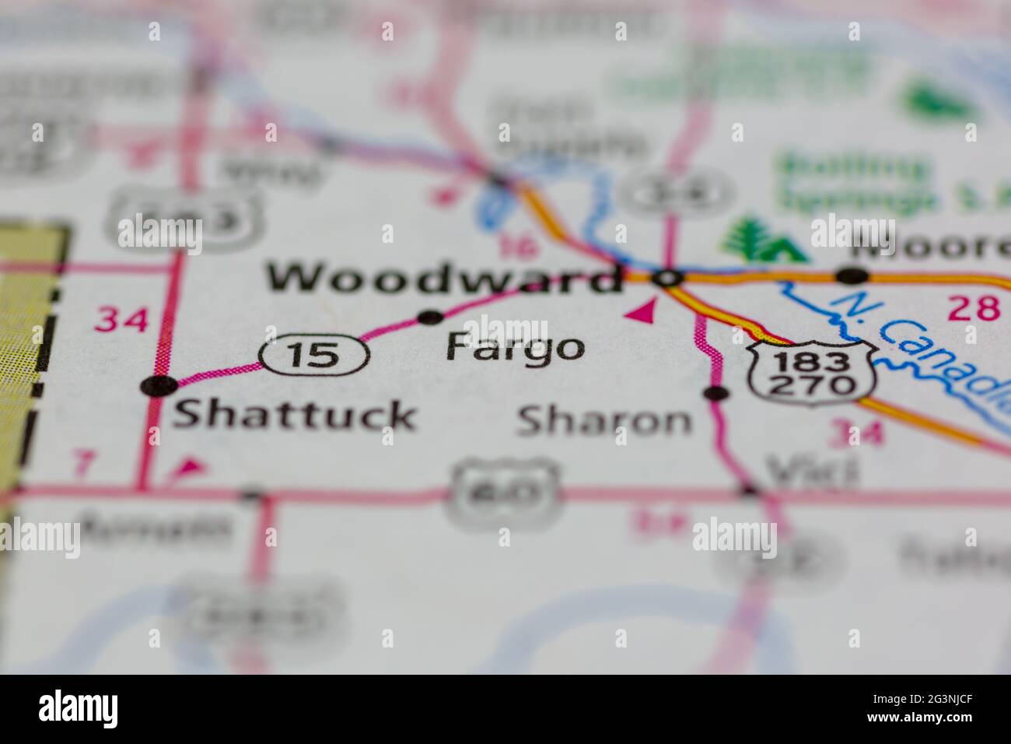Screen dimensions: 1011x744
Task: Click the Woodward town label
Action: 443,278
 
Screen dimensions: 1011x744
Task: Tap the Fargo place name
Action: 515,348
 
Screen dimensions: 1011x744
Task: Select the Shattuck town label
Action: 294,415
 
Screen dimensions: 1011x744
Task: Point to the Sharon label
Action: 603,421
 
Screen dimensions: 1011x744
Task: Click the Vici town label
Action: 812,469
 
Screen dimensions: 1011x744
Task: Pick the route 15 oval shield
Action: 314,355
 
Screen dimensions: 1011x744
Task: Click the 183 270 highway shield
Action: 812,374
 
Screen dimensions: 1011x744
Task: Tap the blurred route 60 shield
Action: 503,492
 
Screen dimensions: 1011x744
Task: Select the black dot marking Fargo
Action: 430,317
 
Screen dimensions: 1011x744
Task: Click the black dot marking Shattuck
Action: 159,385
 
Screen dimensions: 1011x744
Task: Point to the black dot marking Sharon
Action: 715,393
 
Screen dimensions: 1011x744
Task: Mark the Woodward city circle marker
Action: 667,277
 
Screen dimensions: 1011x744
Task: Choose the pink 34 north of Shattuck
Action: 121,319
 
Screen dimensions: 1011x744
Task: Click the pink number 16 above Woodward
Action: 517,247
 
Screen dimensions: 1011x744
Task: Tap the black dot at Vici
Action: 749,490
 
